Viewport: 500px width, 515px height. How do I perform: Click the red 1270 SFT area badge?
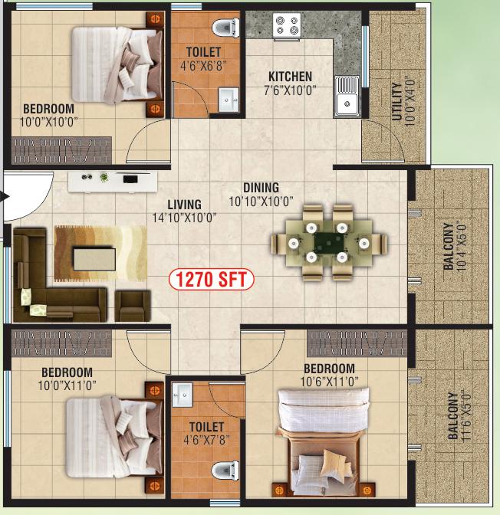tap(212, 280)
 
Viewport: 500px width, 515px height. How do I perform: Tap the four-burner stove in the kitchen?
tap(287, 27)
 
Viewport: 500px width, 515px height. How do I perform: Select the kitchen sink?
tap(347, 97)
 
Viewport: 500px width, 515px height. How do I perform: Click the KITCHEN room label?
tap(290, 77)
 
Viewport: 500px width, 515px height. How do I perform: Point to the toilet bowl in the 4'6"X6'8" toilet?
tap(225, 28)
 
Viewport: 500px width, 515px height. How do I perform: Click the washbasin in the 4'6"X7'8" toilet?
tap(182, 395)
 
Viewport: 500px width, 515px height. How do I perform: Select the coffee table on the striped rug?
tap(94, 259)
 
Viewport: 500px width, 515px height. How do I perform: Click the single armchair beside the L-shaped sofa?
tap(133, 306)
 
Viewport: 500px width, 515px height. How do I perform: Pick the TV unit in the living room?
tap(113, 182)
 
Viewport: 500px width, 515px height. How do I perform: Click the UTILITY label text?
tap(396, 102)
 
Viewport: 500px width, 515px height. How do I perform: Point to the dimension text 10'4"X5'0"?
tap(461, 247)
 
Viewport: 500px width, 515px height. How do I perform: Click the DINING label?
tap(261, 188)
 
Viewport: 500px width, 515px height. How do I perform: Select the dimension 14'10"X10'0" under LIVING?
tap(184, 218)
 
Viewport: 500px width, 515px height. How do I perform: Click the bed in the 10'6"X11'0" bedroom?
tap(324, 441)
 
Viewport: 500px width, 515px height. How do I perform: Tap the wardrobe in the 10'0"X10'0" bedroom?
tap(61, 150)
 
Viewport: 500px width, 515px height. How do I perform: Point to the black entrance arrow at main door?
tap(5, 197)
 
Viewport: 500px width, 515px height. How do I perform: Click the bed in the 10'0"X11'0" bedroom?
tap(115, 438)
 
